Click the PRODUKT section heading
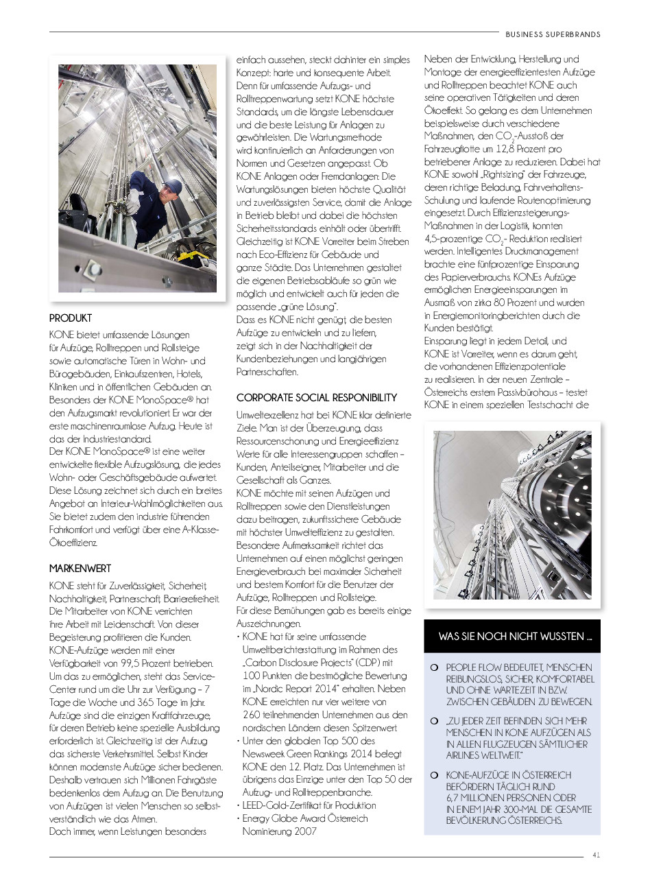[71, 318]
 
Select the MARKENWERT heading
[80, 569]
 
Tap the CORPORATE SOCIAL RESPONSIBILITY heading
[317, 398]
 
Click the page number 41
[597, 855]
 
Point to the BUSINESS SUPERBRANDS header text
[553, 34]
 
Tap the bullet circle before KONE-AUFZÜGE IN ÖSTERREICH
[434, 775]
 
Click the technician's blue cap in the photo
[173, 187]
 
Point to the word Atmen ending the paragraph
[143, 818]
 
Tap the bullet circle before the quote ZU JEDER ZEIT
[434, 721]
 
